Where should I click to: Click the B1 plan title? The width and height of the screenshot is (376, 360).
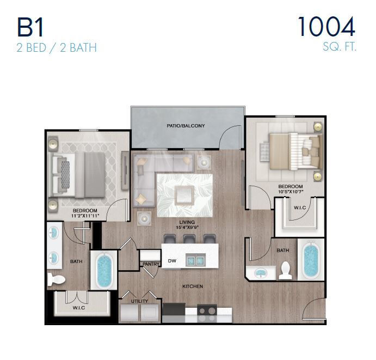33,27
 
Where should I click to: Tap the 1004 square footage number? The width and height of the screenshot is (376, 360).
326,27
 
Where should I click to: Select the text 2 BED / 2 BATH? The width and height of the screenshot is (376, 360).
57,47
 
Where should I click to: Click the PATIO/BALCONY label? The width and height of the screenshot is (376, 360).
186,126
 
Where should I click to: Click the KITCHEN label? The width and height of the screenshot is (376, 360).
193,286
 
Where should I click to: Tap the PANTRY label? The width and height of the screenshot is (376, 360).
150,264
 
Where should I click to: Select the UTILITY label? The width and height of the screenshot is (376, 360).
139,301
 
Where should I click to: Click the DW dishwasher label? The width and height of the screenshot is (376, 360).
171,260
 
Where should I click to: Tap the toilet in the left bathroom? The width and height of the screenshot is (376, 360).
56,279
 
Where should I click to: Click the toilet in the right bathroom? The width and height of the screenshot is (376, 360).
286,270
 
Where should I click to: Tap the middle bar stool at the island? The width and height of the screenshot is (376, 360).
189,239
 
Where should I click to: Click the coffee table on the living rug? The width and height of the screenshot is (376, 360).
184,193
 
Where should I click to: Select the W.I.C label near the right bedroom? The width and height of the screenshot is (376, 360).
299,208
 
